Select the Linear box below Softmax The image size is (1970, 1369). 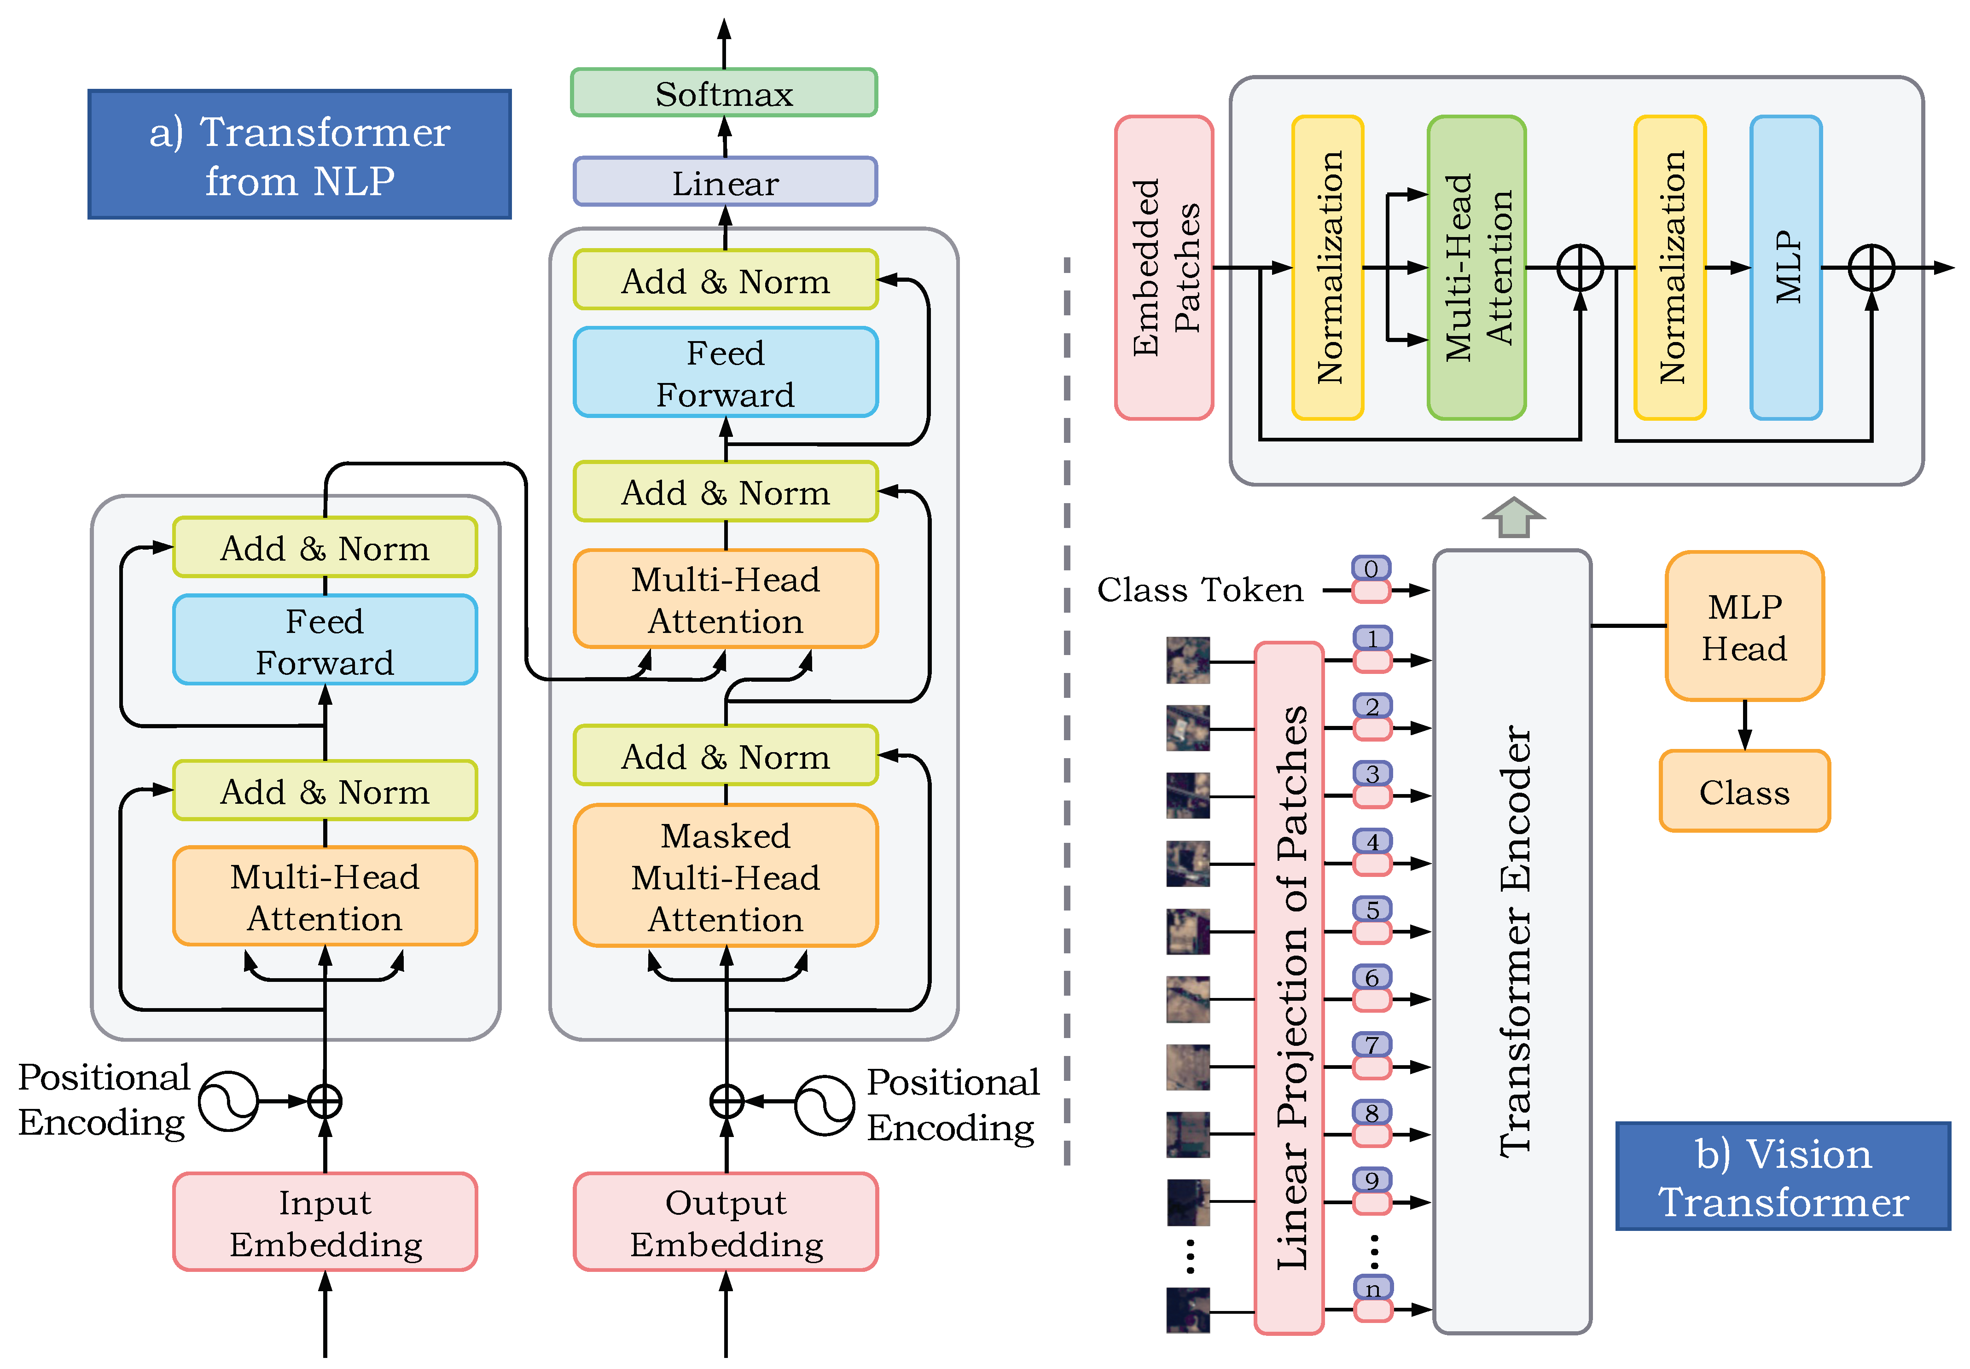725,182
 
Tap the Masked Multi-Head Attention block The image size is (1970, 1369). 725,876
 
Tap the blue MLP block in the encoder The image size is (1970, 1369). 1785,267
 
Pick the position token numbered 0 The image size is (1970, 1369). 1371,568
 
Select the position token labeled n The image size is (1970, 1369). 1372,1288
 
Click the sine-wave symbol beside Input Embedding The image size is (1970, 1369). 228,1101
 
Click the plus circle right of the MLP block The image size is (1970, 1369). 1871,267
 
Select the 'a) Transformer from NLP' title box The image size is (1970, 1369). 299,154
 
